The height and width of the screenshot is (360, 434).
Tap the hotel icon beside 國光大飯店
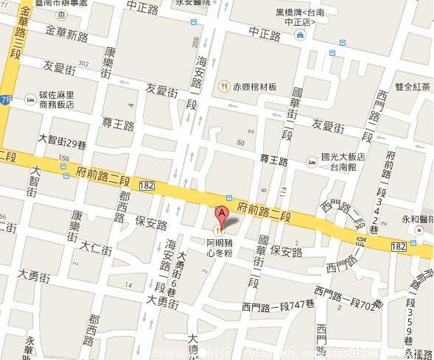(x=312, y=161)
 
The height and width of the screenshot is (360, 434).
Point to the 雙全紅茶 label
(x=412, y=86)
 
